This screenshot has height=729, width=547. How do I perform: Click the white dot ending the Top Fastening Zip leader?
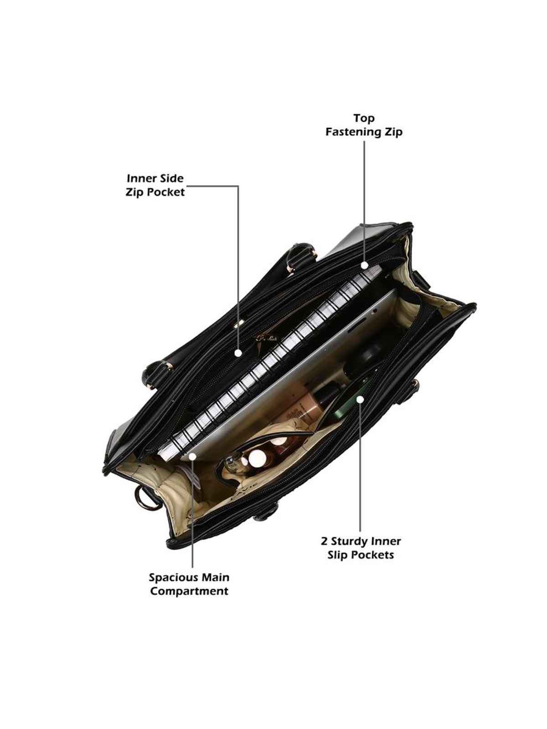click(364, 265)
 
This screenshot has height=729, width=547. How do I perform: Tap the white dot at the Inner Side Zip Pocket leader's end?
click(238, 353)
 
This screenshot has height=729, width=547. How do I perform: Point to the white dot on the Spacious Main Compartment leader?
click(193, 457)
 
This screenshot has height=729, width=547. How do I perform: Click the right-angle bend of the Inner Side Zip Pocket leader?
click(238, 185)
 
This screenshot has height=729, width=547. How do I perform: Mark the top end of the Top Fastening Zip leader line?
click(364, 142)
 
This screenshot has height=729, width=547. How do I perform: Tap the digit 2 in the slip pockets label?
click(325, 551)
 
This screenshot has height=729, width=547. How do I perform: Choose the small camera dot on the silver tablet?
click(375, 311)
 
